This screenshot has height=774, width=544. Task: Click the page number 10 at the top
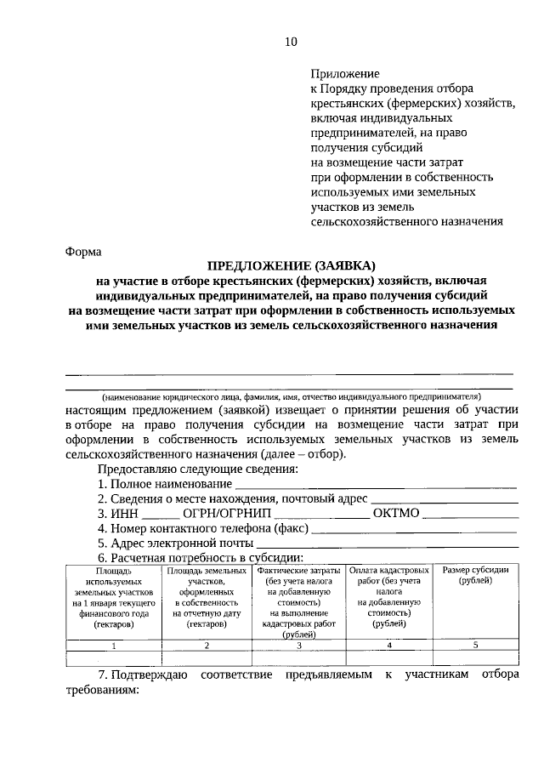pyautogui.click(x=292, y=42)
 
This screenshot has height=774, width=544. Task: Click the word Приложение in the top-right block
pyautogui.click(x=345, y=75)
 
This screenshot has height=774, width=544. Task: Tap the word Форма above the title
pyautogui.click(x=82, y=251)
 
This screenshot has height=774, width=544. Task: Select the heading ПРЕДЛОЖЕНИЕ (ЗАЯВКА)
pyautogui.click(x=292, y=265)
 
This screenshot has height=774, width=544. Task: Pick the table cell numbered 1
pyautogui.click(x=113, y=646)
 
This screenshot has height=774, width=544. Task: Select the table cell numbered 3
pyautogui.click(x=298, y=646)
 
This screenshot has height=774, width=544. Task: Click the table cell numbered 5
pyautogui.click(x=475, y=646)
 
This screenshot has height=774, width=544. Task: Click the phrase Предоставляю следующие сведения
pyautogui.click(x=197, y=469)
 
